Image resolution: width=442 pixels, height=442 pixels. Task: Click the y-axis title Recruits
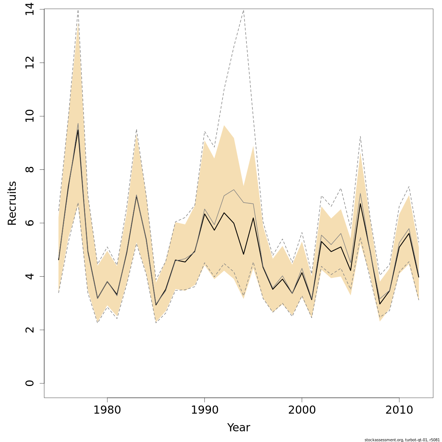pos(12,203)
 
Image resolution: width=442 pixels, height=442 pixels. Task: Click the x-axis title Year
pos(238,428)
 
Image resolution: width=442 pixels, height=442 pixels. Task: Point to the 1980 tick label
pos(107,410)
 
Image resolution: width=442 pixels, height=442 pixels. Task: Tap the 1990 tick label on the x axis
pos(204,410)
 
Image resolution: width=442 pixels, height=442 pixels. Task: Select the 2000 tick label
pos(302,410)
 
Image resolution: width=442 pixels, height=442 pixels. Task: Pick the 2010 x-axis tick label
pos(399,410)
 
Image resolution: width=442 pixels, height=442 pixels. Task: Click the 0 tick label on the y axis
pos(30,383)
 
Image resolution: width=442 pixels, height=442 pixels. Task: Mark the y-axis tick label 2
pos(30,330)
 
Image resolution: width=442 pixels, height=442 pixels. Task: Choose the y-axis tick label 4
pos(30,276)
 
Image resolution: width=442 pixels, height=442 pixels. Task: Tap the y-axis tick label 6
pos(30,223)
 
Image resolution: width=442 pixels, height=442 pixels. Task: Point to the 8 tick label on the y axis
pos(30,169)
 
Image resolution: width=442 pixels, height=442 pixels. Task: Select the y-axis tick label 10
pos(30,116)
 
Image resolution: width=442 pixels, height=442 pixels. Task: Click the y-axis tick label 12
pos(30,63)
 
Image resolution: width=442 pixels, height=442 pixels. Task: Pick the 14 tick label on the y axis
pos(30,10)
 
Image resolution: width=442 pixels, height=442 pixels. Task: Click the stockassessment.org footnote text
pos(402,440)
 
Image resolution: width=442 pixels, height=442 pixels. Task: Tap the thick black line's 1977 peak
pos(78,130)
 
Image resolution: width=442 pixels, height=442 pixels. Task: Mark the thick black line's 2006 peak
pos(360,204)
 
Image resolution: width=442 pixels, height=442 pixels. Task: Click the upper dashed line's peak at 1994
pos(243,10)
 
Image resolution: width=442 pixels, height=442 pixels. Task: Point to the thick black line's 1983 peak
pos(136,196)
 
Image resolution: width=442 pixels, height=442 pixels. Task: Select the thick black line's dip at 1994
pos(243,254)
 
